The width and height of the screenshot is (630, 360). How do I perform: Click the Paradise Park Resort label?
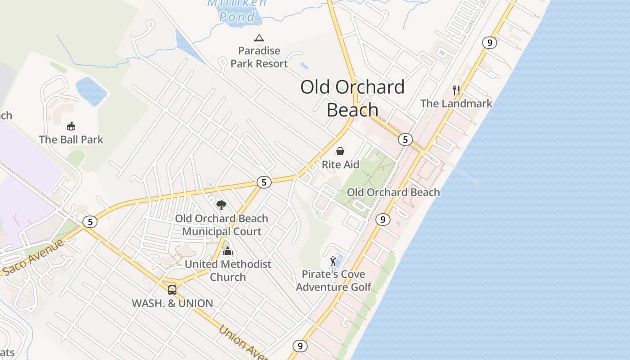259,57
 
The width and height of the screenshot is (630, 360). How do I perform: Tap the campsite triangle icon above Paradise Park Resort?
259,38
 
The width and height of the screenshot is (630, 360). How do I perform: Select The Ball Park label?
71,139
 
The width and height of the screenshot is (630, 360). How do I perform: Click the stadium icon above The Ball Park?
71,126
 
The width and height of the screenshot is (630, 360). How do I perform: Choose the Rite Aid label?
341,165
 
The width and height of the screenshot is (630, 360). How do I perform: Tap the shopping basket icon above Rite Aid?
341,151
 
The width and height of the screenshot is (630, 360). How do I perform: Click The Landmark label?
456,103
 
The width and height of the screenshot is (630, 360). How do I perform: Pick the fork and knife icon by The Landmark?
456,90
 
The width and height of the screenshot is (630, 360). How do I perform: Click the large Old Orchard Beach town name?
352,98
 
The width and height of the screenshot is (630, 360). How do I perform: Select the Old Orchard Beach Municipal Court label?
221,225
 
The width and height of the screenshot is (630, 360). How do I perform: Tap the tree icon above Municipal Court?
221,205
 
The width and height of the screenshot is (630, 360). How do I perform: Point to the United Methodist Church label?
228,270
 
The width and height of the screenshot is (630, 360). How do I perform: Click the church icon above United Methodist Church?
228,251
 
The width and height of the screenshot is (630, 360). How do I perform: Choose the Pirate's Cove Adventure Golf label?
333,281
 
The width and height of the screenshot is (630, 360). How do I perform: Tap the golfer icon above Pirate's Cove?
333,261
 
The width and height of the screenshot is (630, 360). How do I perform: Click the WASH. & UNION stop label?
172,303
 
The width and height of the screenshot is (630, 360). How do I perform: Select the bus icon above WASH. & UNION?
172,290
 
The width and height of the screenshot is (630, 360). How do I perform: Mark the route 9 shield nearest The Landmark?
490,43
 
